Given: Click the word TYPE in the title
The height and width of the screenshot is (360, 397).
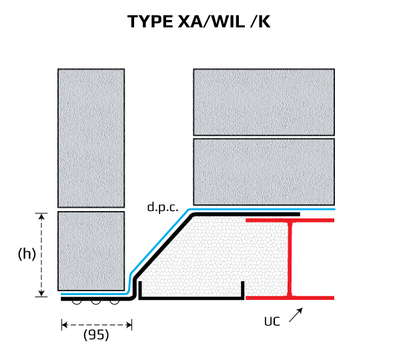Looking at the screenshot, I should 149,21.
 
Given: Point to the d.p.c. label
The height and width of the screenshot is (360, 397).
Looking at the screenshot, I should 163,207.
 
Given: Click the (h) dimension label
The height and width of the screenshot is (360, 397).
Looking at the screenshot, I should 26,254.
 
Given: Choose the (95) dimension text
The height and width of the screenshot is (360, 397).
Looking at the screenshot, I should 96,335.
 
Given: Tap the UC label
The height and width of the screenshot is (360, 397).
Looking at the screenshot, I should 272,321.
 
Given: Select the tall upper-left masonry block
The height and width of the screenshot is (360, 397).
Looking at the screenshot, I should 91,138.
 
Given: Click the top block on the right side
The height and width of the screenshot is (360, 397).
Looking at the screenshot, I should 264,102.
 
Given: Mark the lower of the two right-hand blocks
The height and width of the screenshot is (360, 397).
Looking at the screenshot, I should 264,172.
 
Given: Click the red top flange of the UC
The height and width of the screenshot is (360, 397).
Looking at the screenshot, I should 290,220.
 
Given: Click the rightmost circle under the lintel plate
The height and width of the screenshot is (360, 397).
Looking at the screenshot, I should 115,303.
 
